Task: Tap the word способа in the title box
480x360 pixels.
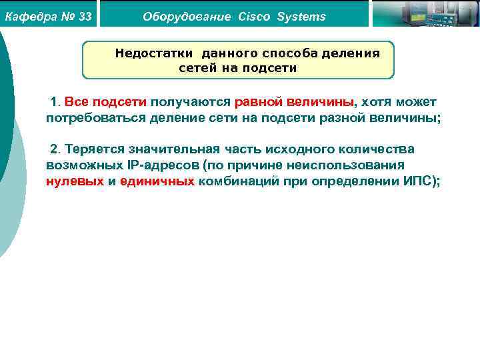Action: (x=293, y=53)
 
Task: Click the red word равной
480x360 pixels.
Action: (x=259, y=102)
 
